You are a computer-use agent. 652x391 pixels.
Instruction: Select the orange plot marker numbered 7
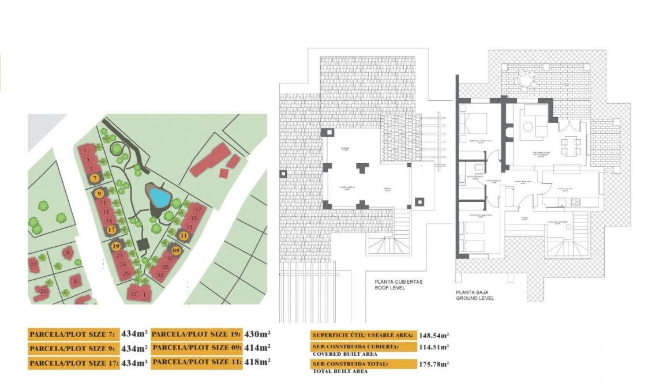[x=95, y=178]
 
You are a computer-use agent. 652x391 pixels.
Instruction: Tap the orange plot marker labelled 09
[x=176, y=250]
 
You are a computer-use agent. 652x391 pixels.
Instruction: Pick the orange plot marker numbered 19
[x=116, y=246]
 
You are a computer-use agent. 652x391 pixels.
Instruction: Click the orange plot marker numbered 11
[x=183, y=235]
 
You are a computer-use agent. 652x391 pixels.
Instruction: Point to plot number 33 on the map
[x=33, y=265]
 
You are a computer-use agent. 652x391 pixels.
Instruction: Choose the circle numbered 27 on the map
[x=134, y=294]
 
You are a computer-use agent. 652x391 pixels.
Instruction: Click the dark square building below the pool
[x=143, y=245]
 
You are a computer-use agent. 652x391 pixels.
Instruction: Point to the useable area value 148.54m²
[x=433, y=334]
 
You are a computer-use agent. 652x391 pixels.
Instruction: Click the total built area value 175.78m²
[x=433, y=364]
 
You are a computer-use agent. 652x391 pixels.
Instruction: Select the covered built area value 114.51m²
[x=433, y=347]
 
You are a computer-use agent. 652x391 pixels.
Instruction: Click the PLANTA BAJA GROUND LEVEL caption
[x=475, y=295]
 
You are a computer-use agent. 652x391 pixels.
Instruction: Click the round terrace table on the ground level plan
[x=525, y=78]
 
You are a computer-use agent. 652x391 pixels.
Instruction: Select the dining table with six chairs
[x=572, y=144]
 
